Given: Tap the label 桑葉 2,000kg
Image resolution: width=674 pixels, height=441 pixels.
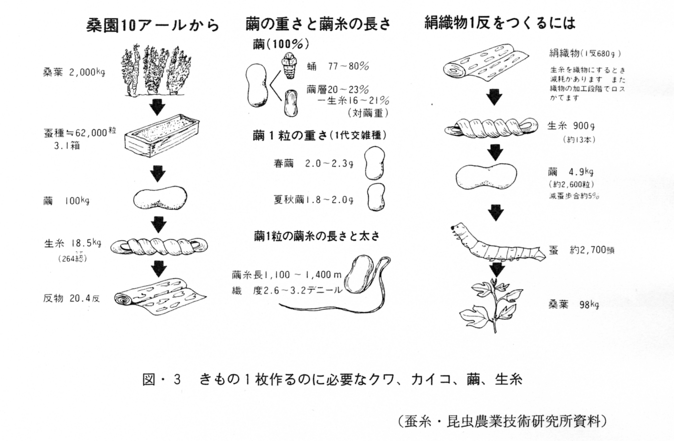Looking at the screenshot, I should [x=74, y=72].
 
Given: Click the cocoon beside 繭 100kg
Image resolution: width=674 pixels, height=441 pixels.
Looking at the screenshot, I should [x=160, y=198].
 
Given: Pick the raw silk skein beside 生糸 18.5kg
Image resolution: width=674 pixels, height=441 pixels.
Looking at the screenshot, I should [x=159, y=246].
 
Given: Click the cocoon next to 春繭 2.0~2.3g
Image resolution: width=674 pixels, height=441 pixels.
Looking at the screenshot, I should [x=374, y=163].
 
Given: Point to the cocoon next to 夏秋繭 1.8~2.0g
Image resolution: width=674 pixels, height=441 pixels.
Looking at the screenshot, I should [x=376, y=197].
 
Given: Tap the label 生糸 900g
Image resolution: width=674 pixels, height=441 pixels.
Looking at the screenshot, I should [x=571, y=126].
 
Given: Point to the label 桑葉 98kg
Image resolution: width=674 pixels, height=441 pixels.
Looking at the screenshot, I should [x=573, y=305].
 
